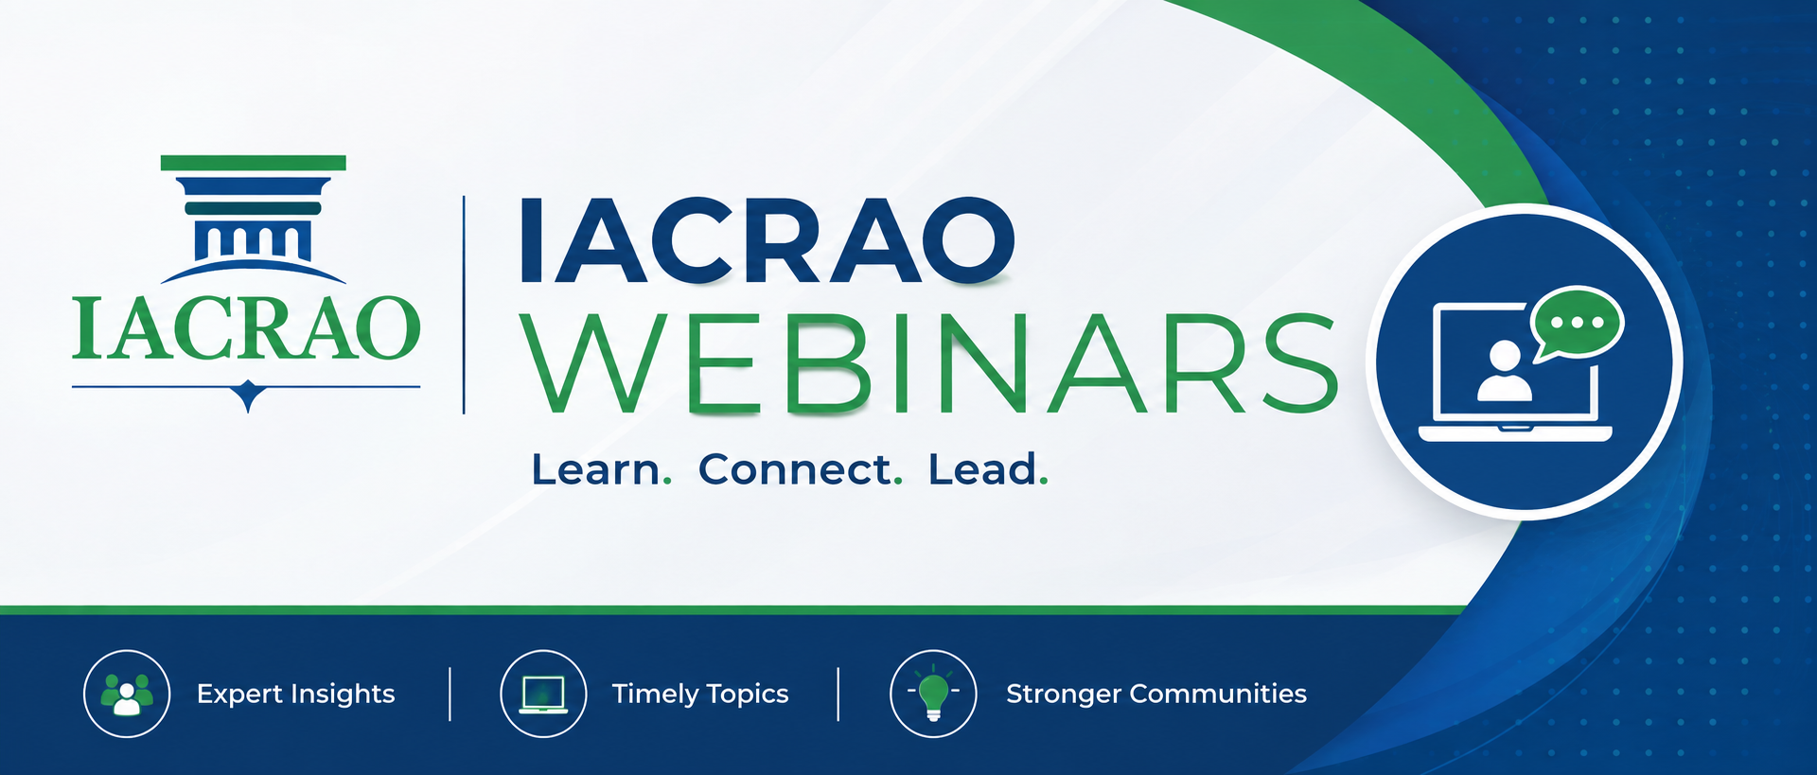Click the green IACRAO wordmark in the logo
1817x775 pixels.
pyautogui.click(x=246, y=328)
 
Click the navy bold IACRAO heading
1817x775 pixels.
pyautogui.click(x=767, y=240)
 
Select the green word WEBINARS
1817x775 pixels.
pyautogui.click(x=932, y=364)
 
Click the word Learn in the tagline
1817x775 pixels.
pyautogui.click(x=596, y=469)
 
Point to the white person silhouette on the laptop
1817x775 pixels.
pyautogui.click(x=1505, y=371)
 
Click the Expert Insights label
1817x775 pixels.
pyautogui.click(x=295, y=695)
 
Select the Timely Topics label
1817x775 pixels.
pyautogui.click(x=700, y=695)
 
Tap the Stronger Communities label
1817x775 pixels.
pyautogui.click(x=1156, y=694)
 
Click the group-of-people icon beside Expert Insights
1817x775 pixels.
pyautogui.click(x=127, y=695)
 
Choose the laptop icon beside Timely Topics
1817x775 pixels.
pyautogui.click(x=543, y=695)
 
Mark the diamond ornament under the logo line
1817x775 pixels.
pyautogui.click(x=248, y=394)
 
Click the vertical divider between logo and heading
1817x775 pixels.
pyautogui.click(x=464, y=305)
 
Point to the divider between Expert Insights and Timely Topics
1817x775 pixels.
pyautogui.click(x=450, y=694)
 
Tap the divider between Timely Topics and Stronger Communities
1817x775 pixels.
pyautogui.click(x=838, y=694)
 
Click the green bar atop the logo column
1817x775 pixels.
pyautogui.click(x=254, y=163)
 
